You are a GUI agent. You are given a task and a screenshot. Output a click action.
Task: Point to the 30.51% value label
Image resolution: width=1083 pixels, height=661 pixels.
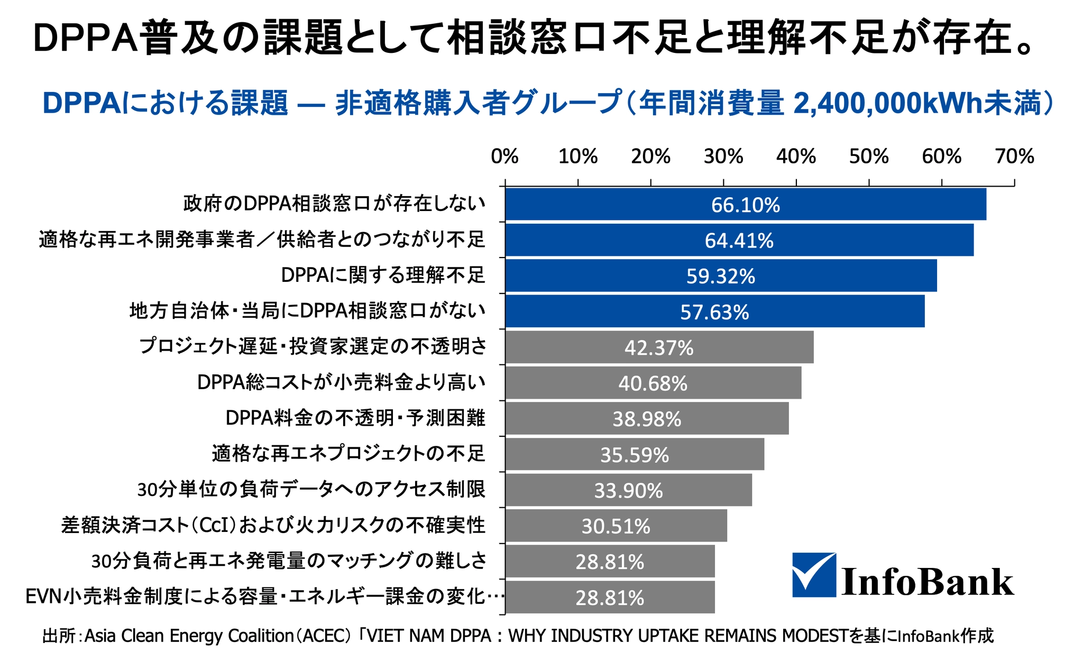tap(616, 526)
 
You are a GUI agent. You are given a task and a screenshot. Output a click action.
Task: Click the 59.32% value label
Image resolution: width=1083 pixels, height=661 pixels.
tap(721, 277)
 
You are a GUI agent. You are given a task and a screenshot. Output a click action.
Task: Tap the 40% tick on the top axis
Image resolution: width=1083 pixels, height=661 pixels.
tap(796, 157)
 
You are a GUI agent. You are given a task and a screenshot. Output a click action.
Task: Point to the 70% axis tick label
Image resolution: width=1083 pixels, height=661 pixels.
tap(1014, 157)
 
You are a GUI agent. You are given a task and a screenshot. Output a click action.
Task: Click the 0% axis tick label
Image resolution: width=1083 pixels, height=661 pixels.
tap(504, 157)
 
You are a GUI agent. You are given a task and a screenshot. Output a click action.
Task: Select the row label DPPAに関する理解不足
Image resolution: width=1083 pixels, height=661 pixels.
tap(383, 275)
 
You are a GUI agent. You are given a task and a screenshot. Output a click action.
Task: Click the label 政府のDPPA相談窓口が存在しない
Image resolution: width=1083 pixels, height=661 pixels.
tap(334, 204)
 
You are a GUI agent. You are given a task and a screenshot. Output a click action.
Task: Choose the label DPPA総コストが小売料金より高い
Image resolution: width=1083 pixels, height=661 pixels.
tap(341, 382)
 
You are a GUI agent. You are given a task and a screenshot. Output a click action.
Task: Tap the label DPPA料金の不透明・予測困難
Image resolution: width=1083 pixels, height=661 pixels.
tap(355, 418)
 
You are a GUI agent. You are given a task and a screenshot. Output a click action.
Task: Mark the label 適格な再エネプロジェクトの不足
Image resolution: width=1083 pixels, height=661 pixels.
tap(348, 454)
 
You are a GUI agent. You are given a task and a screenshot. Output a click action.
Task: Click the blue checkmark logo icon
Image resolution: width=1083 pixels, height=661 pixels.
tap(814, 575)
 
